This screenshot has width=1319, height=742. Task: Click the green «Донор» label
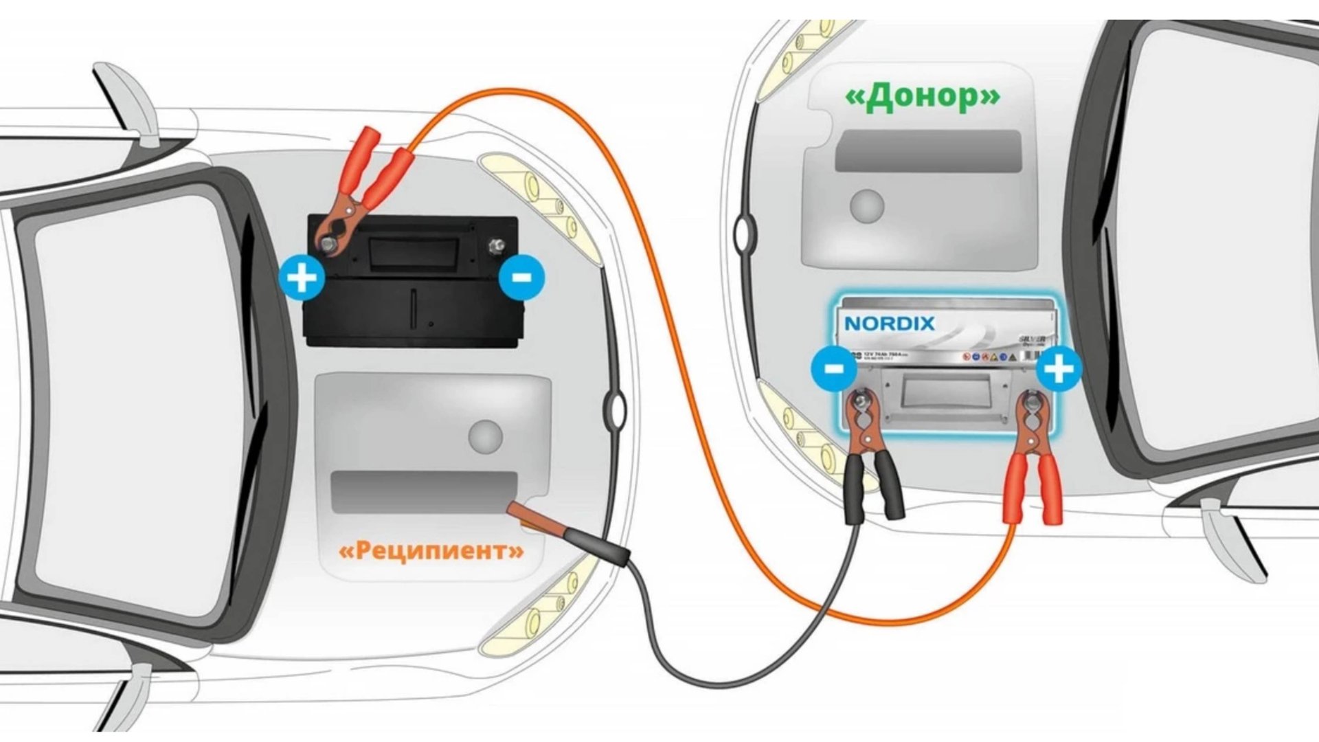coord(922,98)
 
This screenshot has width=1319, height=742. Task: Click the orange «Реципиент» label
coord(431,550)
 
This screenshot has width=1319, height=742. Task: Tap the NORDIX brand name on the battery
coord(889,323)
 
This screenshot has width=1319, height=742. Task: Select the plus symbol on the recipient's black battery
coord(302,278)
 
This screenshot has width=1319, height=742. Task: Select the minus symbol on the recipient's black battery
coord(521,278)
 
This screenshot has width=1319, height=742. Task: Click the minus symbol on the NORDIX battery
coord(833,368)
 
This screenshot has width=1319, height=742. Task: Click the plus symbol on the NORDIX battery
coord(1059,370)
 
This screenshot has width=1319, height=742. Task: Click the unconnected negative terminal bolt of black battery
coord(495,245)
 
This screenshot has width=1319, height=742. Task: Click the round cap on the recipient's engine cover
coord(486,436)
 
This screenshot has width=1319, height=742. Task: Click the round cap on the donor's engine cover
coord(867,205)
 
